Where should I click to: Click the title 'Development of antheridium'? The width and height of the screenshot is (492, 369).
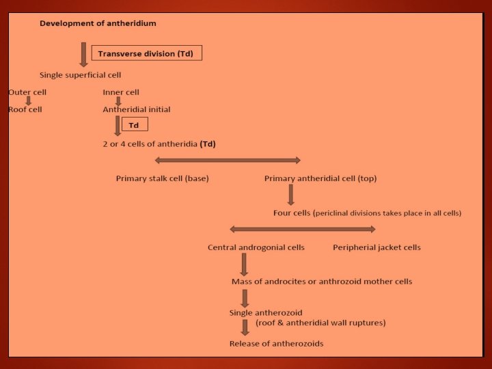click(98, 23)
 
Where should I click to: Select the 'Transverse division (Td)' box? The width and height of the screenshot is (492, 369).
click(147, 53)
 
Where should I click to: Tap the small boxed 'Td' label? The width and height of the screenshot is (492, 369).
click(134, 125)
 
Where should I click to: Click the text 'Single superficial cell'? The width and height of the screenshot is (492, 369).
click(81, 74)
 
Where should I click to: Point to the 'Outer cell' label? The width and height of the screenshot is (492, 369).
click(27, 92)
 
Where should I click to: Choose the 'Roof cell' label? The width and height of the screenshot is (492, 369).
click(25, 109)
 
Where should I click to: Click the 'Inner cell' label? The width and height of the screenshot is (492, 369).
click(121, 92)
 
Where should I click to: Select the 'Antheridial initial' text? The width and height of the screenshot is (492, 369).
click(137, 109)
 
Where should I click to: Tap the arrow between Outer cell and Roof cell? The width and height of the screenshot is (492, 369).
click(29, 100)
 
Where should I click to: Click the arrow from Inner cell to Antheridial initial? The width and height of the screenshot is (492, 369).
click(118, 100)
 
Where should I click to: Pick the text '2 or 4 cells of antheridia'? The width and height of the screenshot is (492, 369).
click(150, 144)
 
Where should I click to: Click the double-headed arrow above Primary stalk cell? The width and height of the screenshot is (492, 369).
click(228, 161)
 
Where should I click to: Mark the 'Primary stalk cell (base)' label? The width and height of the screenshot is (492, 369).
click(163, 178)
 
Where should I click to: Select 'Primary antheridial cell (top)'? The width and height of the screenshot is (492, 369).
click(320, 178)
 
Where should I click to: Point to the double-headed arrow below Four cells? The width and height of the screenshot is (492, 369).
click(303, 229)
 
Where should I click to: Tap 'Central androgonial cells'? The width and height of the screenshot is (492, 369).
click(256, 247)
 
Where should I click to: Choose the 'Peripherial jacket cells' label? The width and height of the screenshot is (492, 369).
click(377, 247)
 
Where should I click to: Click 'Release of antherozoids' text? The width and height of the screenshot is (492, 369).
click(277, 343)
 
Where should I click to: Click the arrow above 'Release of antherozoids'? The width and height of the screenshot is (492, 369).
click(245, 327)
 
